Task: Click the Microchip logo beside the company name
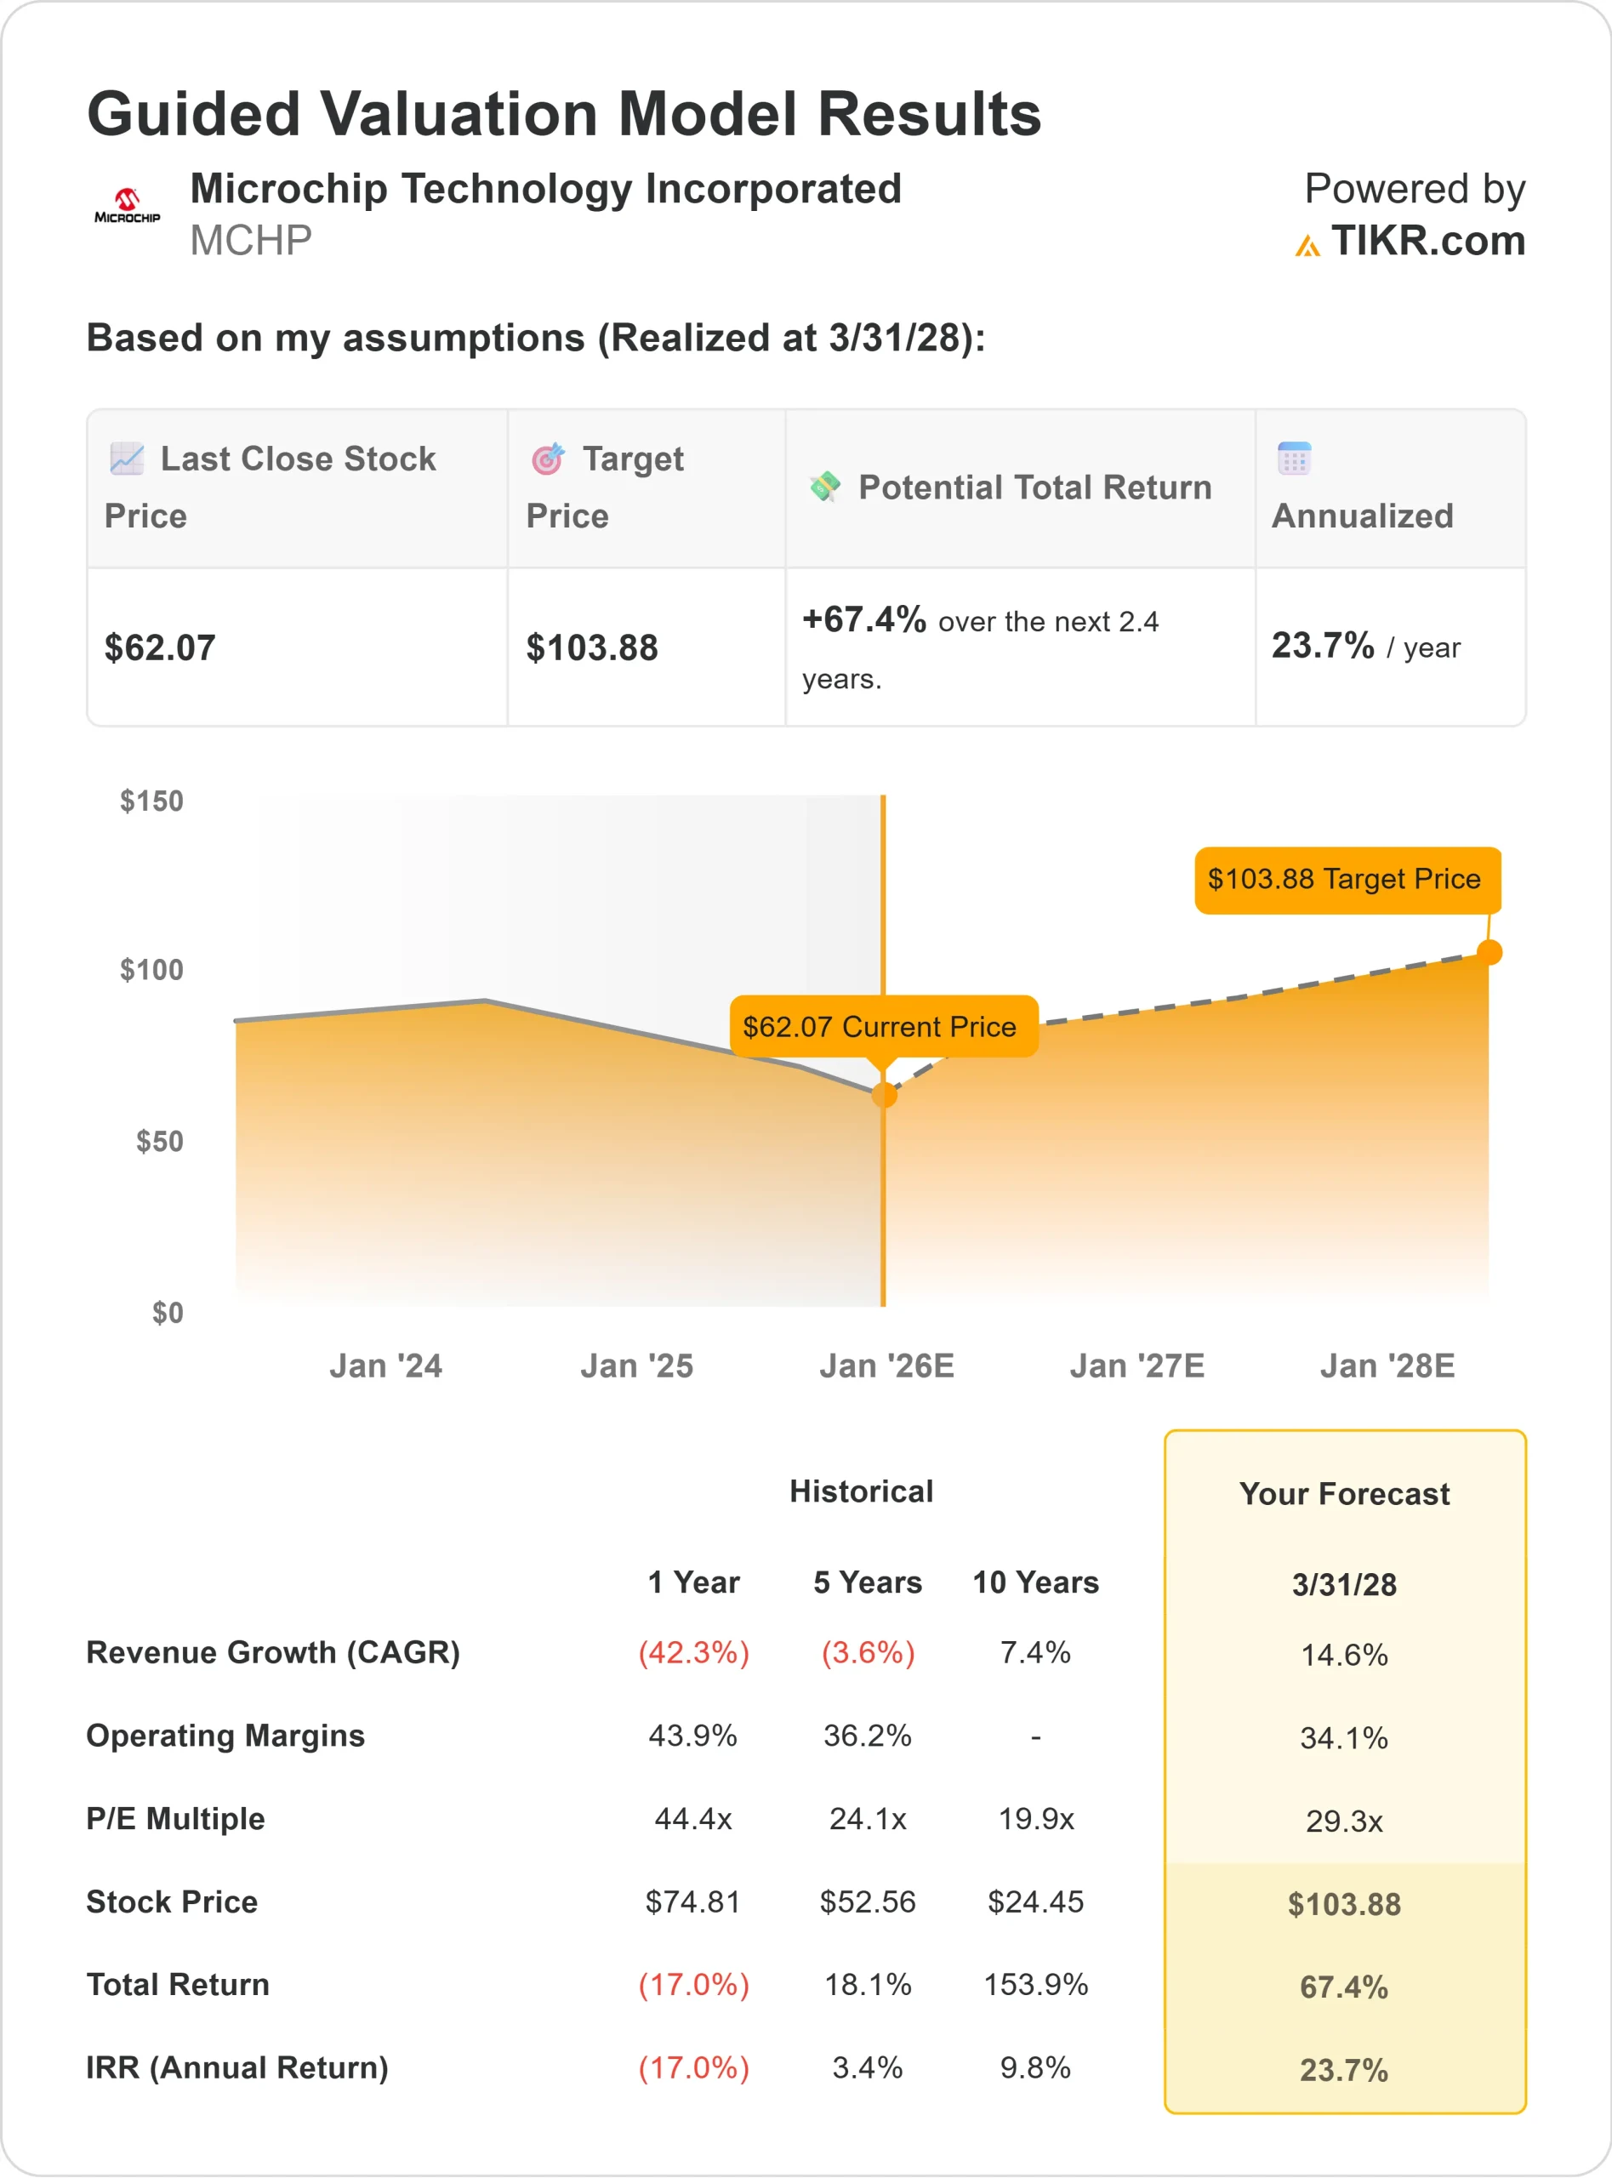127,206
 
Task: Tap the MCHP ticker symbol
251,241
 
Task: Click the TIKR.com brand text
1427,241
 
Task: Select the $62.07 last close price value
160,648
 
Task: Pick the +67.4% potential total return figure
863,619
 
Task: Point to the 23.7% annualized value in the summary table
1322,646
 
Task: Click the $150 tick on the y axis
151,801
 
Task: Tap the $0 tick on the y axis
167,1313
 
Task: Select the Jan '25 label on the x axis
636,1366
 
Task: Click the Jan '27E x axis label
1136,1366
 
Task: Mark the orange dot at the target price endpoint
1489,952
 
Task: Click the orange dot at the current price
884,1095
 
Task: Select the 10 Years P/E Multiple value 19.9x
1035,1819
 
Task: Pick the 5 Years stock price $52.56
868,1901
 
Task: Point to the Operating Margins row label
225,1736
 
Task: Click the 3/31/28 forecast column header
1344,1585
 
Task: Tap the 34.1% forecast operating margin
1344,1738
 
